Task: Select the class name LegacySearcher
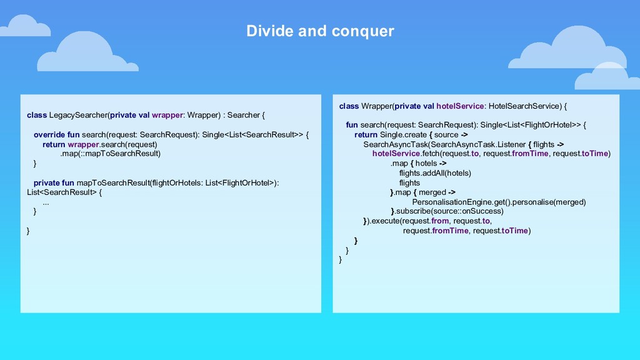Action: (x=77, y=115)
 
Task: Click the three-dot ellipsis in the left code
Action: (x=46, y=202)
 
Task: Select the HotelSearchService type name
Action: (x=524, y=106)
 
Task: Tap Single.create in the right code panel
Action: (x=403, y=134)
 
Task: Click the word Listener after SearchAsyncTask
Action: (x=511, y=144)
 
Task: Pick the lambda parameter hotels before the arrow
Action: (x=426, y=164)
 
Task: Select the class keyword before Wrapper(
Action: (x=349, y=106)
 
